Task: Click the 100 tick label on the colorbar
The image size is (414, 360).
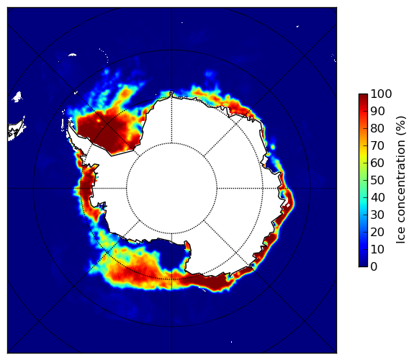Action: point(381,94)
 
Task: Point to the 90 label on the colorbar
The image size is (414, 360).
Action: point(377,111)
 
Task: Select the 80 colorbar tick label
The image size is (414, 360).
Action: point(377,129)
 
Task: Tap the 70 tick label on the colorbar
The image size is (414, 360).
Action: point(377,145)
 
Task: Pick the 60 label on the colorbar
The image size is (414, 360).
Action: point(377,163)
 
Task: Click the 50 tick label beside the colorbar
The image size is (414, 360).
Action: point(377,181)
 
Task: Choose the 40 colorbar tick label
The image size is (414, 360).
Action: point(377,197)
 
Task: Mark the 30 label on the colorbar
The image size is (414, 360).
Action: point(377,215)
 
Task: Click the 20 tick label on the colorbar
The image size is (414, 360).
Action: point(377,232)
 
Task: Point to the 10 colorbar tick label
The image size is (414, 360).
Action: point(377,249)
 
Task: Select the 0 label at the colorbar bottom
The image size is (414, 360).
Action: point(374,267)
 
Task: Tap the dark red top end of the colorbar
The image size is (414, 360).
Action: point(363,96)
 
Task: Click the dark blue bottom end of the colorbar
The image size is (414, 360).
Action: point(363,265)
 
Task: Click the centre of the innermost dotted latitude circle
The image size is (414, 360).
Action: point(171,189)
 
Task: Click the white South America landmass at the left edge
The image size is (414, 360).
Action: point(16,130)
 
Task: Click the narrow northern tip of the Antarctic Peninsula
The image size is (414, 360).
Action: point(69,124)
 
